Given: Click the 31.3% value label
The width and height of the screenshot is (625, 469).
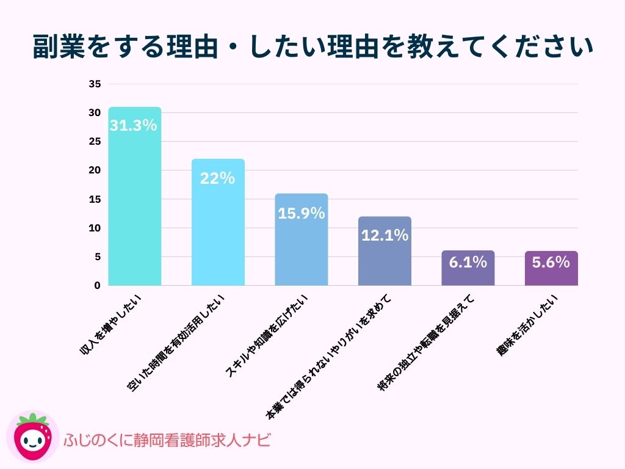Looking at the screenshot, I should coord(134,126).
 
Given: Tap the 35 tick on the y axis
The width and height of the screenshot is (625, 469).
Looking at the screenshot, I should coord(95,84).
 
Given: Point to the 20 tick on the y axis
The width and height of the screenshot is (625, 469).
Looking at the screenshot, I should coord(95,170).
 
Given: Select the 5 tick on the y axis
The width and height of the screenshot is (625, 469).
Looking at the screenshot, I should coord(97,257).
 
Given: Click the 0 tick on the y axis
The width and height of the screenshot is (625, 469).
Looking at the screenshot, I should coord(97,286).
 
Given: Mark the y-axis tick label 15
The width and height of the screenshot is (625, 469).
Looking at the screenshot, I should coord(95,199).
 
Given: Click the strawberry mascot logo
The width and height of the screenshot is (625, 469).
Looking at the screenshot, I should coord(32,437).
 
